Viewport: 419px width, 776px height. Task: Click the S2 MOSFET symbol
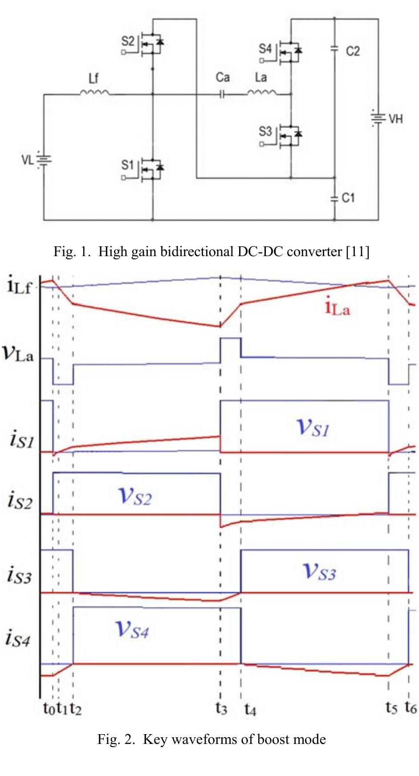pos(151,44)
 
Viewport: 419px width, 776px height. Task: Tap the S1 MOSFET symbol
pos(151,169)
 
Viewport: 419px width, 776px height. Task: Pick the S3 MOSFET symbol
pos(289,135)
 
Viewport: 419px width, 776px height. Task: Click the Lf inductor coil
pos(94,93)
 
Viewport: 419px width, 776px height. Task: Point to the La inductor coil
pos(261,93)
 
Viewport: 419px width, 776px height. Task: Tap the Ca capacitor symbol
pos(222,94)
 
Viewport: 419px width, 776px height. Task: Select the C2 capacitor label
pos(353,51)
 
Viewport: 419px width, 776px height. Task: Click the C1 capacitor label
pos(348,197)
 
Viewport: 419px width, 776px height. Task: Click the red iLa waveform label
pos(337,308)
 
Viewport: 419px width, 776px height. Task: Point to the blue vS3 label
pos(319,572)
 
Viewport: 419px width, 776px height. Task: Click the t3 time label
pos(221,707)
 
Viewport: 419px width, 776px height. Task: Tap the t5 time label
pos(391,707)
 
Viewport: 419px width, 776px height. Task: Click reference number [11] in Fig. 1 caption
pos(358,252)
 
